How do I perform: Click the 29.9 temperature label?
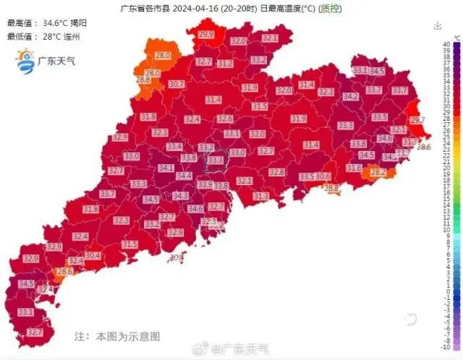click(206, 35)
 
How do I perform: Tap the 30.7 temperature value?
click(176, 84)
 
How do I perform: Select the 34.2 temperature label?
click(351, 96)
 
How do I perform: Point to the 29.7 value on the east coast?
click(417, 119)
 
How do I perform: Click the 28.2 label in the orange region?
click(378, 173)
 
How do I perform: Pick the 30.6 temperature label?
click(323, 176)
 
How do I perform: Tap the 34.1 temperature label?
click(166, 168)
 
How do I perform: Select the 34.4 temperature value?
click(184, 176)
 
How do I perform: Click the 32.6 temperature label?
click(225, 119)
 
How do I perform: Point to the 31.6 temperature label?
click(354, 168)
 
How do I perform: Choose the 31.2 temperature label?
click(225, 64)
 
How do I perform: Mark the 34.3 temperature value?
click(180, 195)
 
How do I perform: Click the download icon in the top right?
click(438, 25)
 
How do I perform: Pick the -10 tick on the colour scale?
click(446, 347)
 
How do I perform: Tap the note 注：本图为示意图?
click(116, 336)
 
